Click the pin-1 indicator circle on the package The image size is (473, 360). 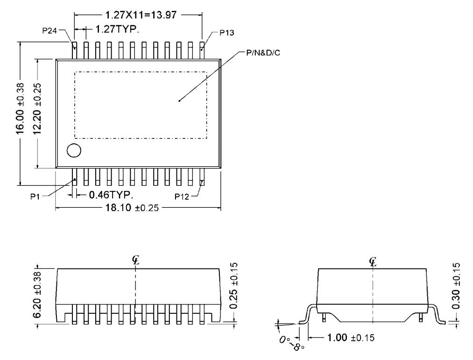click(73, 150)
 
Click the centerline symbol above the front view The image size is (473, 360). click(135, 261)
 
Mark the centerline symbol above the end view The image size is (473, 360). click(373, 261)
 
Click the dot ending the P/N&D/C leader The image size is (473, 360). click(179, 100)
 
